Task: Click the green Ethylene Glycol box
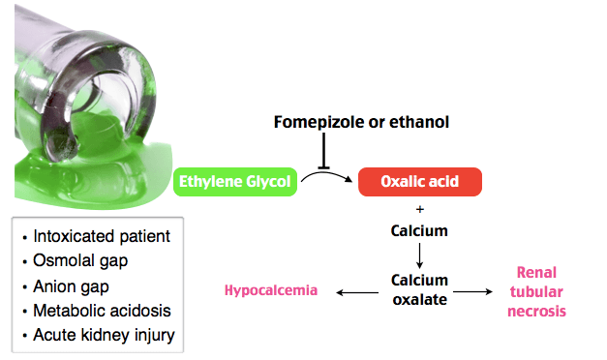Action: pyautogui.click(x=235, y=182)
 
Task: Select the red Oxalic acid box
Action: pyautogui.click(x=420, y=182)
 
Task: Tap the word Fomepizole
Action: pyautogui.click(x=319, y=122)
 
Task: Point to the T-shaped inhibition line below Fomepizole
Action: pyautogui.click(x=323, y=151)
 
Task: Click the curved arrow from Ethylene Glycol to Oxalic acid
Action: pyautogui.click(x=326, y=175)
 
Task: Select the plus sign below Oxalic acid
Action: pyautogui.click(x=420, y=209)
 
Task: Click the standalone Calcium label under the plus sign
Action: pyautogui.click(x=419, y=230)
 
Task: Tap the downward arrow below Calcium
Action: pyautogui.click(x=419, y=255)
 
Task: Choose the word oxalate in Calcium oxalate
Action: pyautogui.click(x=419, y=300)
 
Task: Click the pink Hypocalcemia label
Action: pyautogui.click(x=271, y=290)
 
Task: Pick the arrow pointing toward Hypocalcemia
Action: pyautogui.click(x=357, y=292)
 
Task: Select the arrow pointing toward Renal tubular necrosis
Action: pyautogui.click(x=472, y=291)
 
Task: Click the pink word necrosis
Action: pyautogui.click(x=536, y=312)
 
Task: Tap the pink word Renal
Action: pyautogui.click(x=536, y=273)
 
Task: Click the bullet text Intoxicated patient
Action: pyautogui.click(x=102, y=236)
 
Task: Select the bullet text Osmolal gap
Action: pyautogui.click(x=80, y=261)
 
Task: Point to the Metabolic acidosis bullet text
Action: pyautogui.click(x=102, y=311)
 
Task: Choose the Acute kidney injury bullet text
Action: pyautogui.click(x=104, y=335)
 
